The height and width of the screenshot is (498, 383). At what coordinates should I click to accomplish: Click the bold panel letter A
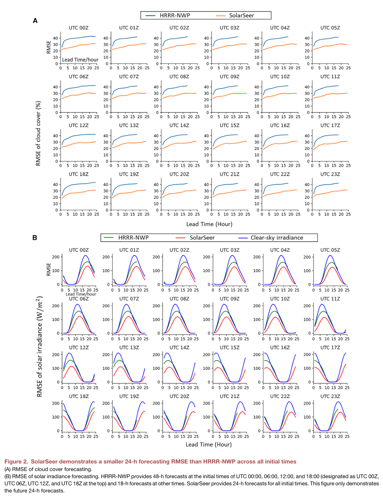35,21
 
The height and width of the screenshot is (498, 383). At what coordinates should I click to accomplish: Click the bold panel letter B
35,238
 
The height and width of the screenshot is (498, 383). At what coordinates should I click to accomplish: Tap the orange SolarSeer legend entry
235,15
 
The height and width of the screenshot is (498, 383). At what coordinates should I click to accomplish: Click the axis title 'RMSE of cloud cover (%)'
39,133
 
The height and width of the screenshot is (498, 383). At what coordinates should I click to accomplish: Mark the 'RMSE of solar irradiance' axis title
39,346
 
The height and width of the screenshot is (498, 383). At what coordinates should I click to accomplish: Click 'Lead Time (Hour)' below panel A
209,224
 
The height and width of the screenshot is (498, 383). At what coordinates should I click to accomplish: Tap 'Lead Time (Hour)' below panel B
209,444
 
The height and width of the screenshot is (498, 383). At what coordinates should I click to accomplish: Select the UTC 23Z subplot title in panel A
330,174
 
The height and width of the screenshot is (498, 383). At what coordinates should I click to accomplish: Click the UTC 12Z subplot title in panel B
79,348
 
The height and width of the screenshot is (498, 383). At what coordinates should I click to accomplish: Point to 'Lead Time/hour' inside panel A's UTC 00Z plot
80,60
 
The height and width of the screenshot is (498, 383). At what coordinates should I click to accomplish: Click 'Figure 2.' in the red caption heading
16,461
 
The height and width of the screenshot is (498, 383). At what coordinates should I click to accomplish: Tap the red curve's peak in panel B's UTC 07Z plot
129,316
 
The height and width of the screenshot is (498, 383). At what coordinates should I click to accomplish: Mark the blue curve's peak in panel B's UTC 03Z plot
232,255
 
